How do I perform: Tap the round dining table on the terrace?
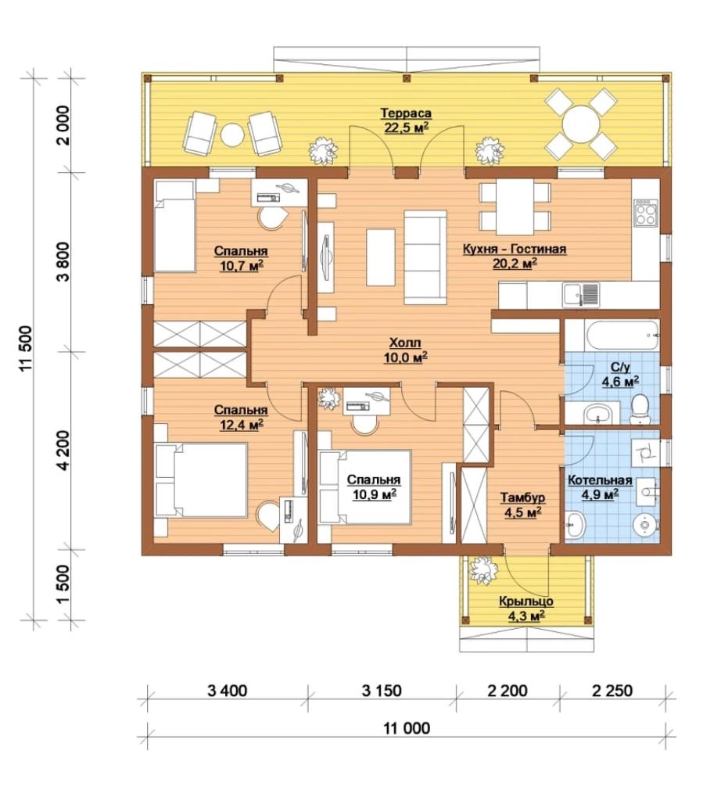(581, 124)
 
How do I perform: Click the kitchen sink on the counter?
(581, 295)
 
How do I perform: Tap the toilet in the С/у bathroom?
(639, 409)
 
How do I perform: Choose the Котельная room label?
(600, 480)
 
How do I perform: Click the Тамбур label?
(523, 497)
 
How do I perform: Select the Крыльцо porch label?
(525, 602)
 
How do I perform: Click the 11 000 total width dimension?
(407, 727)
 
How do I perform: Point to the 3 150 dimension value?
(382, 691)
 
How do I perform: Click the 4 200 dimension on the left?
(65, 450)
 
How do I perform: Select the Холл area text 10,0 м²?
(405, 357)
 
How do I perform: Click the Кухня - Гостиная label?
(515, 250)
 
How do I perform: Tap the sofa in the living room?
(425, 257)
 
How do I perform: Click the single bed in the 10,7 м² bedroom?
(174, 226)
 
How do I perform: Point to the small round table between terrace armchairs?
(232, 135)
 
